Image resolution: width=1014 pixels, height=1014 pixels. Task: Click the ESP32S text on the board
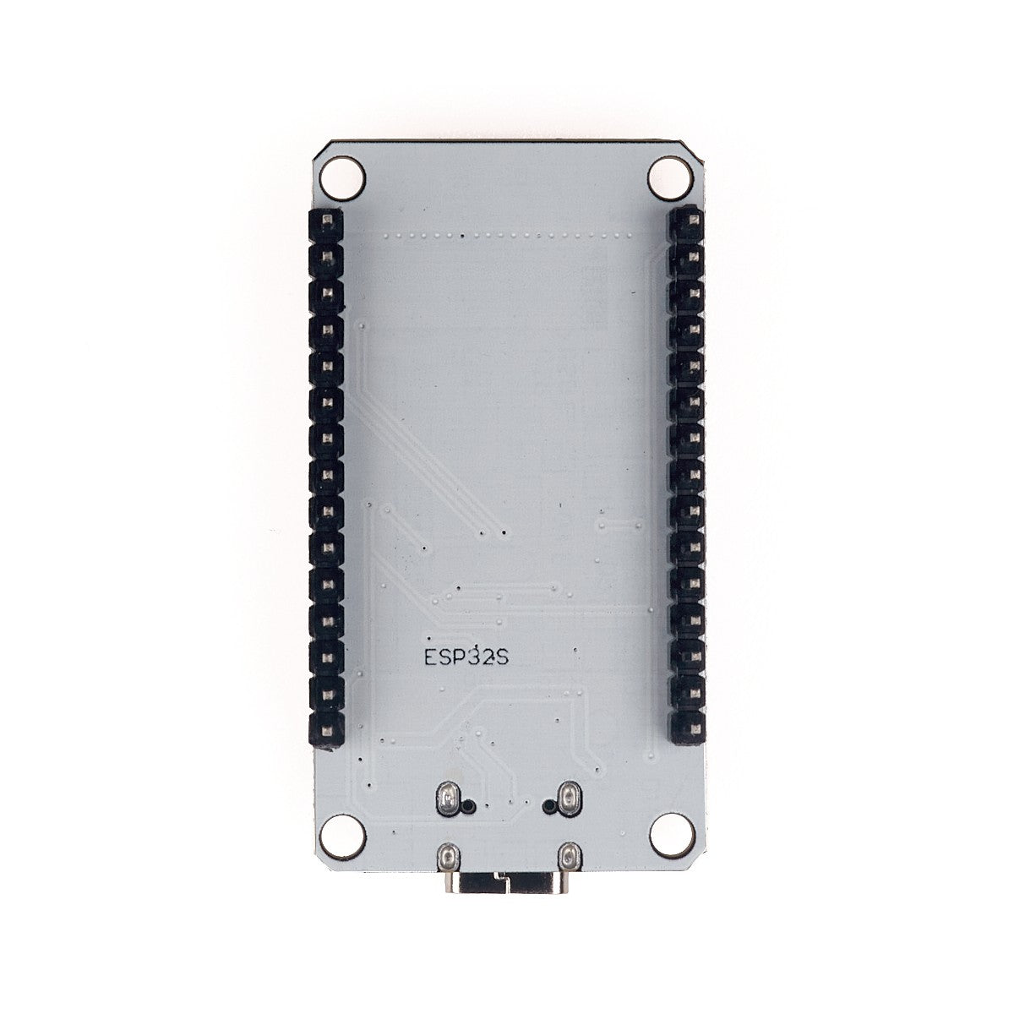click(466, 658)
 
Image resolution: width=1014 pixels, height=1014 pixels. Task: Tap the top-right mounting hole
click(669, 174)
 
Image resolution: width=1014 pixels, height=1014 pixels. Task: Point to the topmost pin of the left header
click(327, 220)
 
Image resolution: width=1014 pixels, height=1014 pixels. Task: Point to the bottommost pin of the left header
click(327, 732)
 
